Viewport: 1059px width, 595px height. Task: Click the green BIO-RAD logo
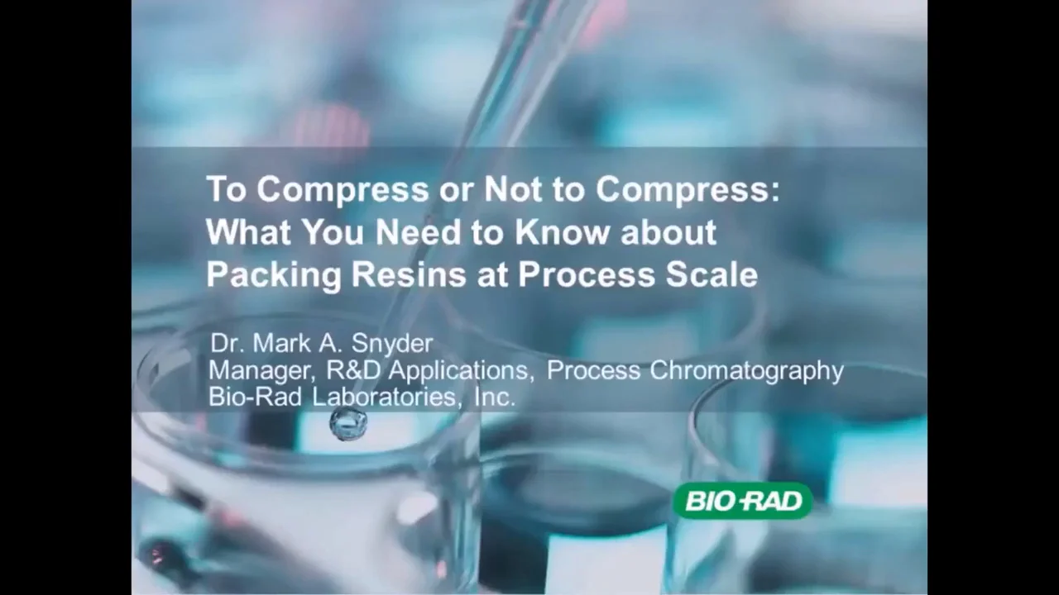click(743, 501)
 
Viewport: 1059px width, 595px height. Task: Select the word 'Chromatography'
click(746, 371)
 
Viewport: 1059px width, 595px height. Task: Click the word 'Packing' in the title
click(273, 275)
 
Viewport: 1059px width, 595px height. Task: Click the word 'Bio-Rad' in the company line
click(256, 397)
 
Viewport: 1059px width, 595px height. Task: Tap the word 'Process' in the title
click(583, 274)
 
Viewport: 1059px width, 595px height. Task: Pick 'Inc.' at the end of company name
click(495, 397)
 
